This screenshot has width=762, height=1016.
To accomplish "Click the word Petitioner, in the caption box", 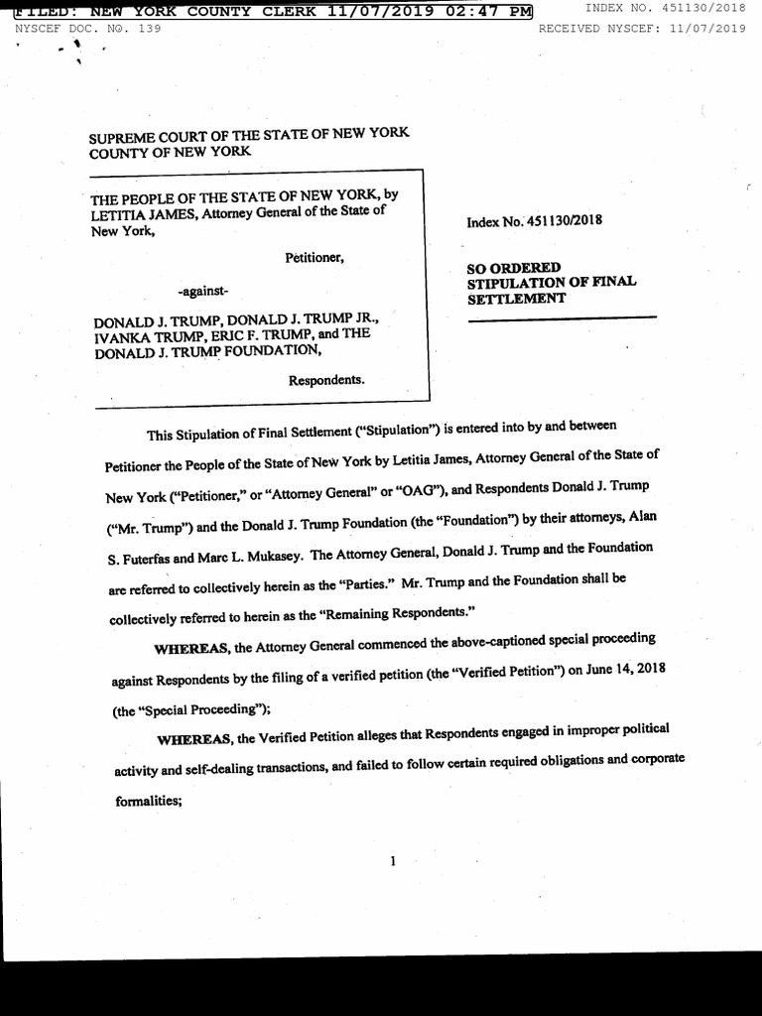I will (315, 258).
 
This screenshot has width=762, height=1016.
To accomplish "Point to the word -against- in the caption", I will (202, 292).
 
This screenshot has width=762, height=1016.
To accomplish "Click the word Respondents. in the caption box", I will (326, 380).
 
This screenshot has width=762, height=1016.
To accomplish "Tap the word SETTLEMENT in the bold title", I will (516, 298).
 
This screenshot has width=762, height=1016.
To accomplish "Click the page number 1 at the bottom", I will (393, 860).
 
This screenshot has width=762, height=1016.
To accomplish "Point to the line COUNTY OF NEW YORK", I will (170, 152).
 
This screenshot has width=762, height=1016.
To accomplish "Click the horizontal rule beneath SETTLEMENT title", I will (562, 317).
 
